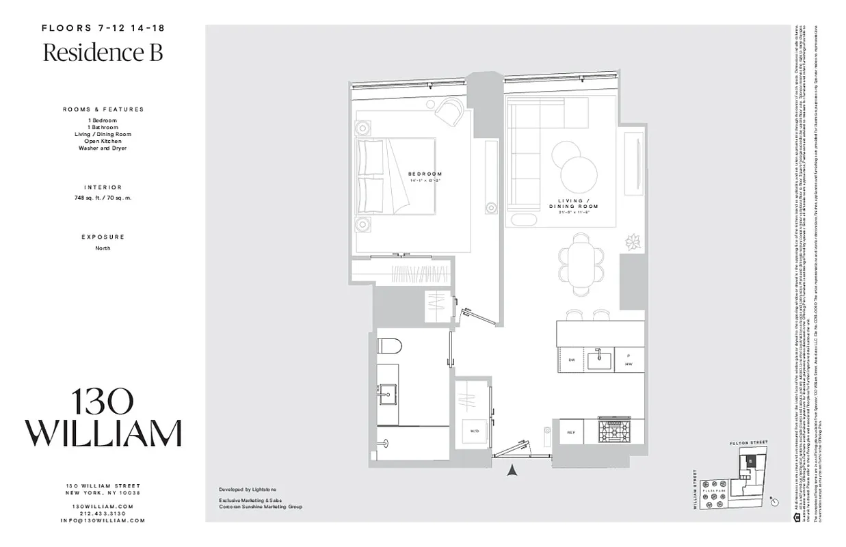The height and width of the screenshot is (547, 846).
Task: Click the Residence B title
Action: pyautogui.click(x=103, y=53)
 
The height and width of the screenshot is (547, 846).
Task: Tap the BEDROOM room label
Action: pyautogui.click(x=425, y=174)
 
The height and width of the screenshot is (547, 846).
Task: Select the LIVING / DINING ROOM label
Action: pyautogui.click(x=573, y=203)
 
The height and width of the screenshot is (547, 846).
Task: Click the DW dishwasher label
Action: pyautogui.click(x=571, y=360)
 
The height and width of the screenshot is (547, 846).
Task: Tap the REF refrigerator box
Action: pyautogui.click(x=570, y=432)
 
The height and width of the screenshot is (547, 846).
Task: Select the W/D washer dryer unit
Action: pyautogui.click(x=473, y=431)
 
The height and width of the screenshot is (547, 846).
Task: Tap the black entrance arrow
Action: pyautogui.click(x=510, y=470)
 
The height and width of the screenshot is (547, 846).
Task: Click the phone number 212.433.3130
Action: pyautogui.click(x=103, y=513)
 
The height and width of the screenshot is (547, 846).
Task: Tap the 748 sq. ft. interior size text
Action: pyautogui.click(x=103, y=198)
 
